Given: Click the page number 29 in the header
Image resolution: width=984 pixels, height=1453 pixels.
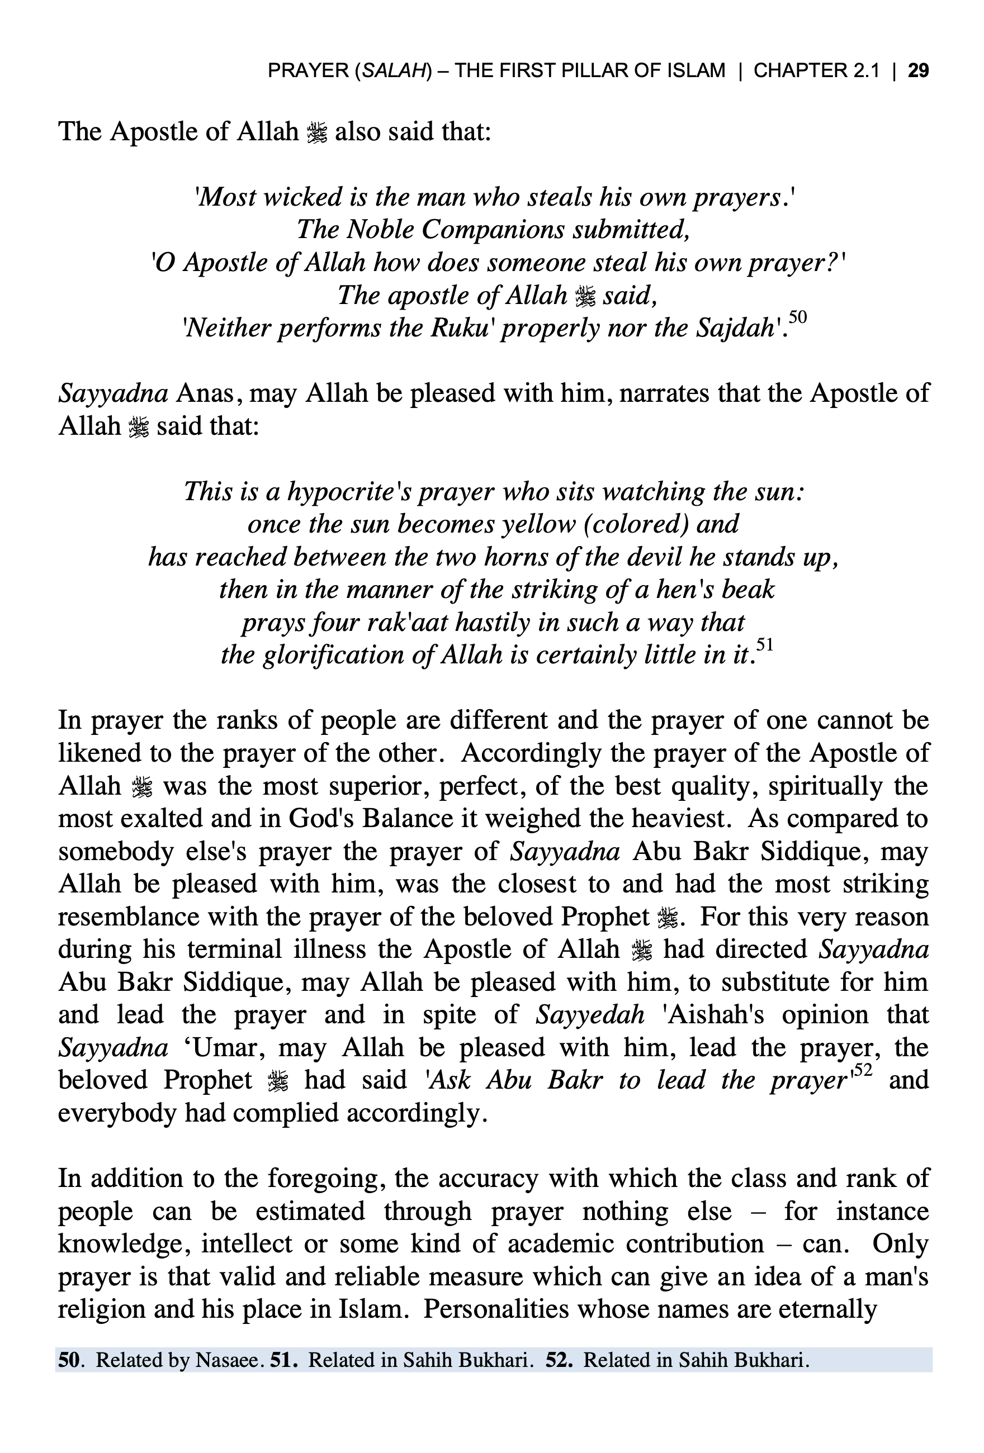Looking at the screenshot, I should click(917, 70).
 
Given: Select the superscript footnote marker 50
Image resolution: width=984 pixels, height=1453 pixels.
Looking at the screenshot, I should click(798, 317).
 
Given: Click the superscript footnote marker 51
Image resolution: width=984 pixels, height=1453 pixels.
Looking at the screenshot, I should click(764, 643).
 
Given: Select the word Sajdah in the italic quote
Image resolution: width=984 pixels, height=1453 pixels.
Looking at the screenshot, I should click(735, 328).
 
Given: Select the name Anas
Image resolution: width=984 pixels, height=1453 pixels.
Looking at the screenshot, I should click(205, 394).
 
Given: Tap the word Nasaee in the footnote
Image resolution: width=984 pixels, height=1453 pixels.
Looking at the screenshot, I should click(227, 1360).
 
